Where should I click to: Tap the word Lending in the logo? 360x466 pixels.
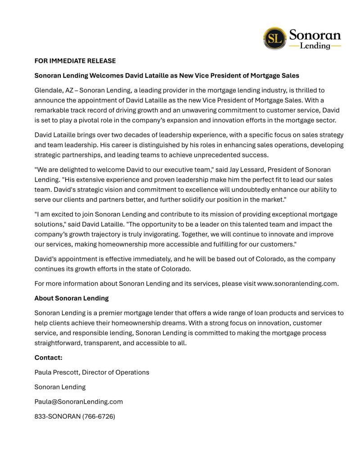[315, 46]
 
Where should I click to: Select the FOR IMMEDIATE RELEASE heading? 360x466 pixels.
[75, 61]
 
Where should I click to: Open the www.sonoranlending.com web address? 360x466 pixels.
[297, 283]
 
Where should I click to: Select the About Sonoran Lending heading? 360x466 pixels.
[72, 298]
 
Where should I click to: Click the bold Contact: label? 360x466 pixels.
[48, 357]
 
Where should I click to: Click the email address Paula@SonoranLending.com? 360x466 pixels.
[79, 402]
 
